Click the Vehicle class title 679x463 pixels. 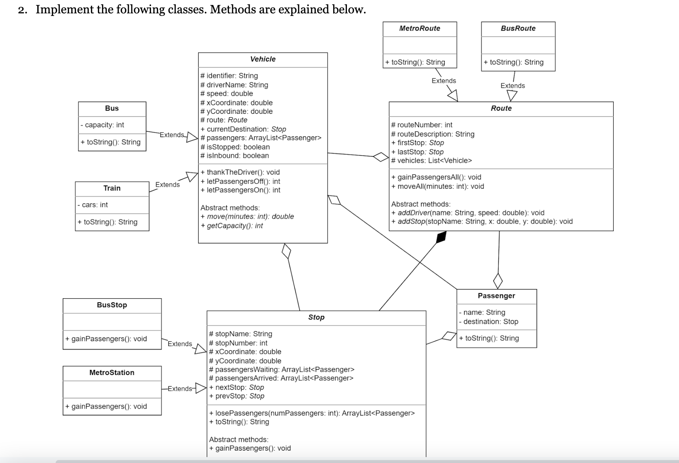click(x=263, y=59)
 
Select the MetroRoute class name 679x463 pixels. click(x=420, y=29)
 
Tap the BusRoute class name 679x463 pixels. click(x=518, y=29)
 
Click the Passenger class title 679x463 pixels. click(x=496, y=296)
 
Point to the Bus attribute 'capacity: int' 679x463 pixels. click(x=102, y=125)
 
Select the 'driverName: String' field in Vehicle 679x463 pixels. click(x=234, y=85)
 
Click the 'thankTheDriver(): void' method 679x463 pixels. click(x=240, y=172)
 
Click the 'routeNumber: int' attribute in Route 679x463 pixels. click(x=422, y=125)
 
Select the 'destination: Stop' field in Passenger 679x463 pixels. click(x=489, y=322)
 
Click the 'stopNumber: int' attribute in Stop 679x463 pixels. click(x=238, y=343)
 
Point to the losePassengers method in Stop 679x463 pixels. click(x=312, y=413)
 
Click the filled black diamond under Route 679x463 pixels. click(x=441, y=237)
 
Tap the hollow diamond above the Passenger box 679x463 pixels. click(x=498, y=280)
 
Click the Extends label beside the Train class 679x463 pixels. click(x=167, y=185)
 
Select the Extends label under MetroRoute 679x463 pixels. click(x=444, y=81)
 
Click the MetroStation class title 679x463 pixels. click(x=112, y=372)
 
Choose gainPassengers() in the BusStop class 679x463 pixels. click(x=106, y=339)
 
